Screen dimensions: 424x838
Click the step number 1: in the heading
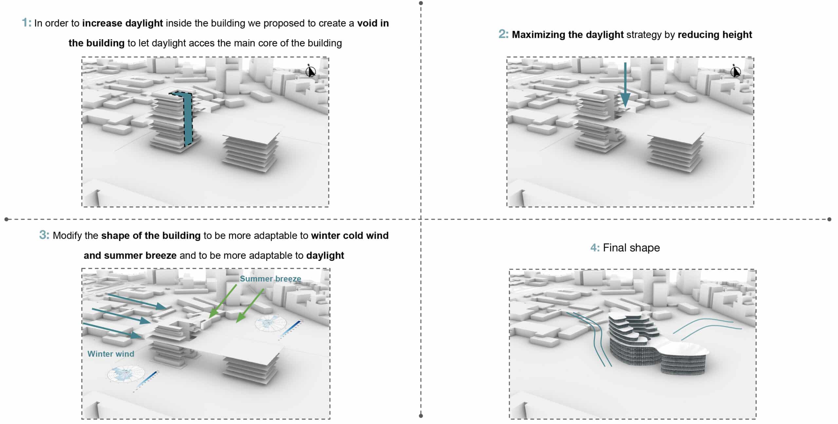(26, 23)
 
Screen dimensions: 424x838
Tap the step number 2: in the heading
(503, 34)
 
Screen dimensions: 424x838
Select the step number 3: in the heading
(44, 235)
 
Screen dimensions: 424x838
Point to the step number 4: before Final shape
(595, 248)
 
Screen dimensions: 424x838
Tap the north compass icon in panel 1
(310, 71)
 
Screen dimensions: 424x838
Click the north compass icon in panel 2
(735, 71)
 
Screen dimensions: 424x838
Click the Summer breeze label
(270, 279)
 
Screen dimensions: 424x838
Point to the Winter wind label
(111, 354)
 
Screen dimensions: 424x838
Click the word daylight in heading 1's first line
(144, 24)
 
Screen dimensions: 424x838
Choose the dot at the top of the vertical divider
(421, 3)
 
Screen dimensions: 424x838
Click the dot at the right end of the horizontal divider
(829, 219)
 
